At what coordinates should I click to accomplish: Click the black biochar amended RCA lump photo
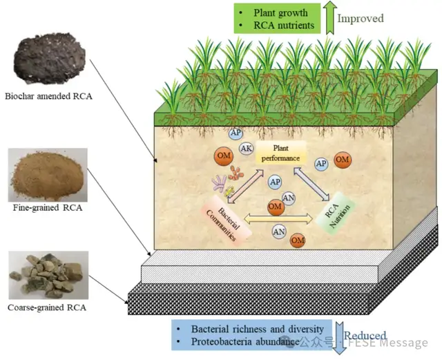50,58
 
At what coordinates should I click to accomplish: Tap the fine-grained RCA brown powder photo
48,175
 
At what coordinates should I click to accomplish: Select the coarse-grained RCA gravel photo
48,275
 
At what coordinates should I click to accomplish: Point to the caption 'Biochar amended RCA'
48,96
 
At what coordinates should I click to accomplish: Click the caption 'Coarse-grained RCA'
47,307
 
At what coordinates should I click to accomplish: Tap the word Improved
361,19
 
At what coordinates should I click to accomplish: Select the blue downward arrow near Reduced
339,337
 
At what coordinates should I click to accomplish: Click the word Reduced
365,336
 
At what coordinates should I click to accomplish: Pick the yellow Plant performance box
281,153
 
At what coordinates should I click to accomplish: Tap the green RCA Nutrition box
335,213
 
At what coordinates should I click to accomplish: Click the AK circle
247,149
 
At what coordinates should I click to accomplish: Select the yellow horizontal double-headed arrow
278,218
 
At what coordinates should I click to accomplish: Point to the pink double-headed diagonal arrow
245,186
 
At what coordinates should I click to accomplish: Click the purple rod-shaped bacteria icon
219,183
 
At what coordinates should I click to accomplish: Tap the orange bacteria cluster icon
236,173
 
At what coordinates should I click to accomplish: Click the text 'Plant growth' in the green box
280,12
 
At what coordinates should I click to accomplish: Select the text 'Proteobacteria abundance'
245,341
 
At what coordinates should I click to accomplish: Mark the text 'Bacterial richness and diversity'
258,329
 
